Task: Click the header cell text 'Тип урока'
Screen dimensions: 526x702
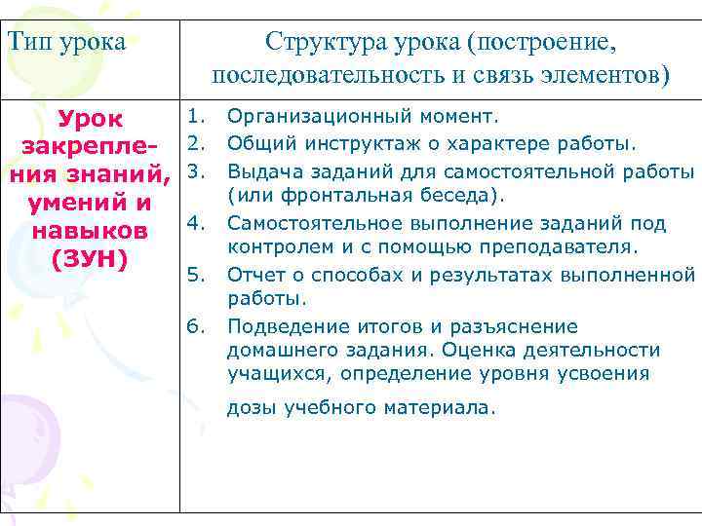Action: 66,43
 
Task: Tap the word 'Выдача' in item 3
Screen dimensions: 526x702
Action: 256,171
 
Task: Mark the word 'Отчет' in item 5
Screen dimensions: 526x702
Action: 251,276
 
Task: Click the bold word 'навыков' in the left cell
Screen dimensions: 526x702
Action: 90,232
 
